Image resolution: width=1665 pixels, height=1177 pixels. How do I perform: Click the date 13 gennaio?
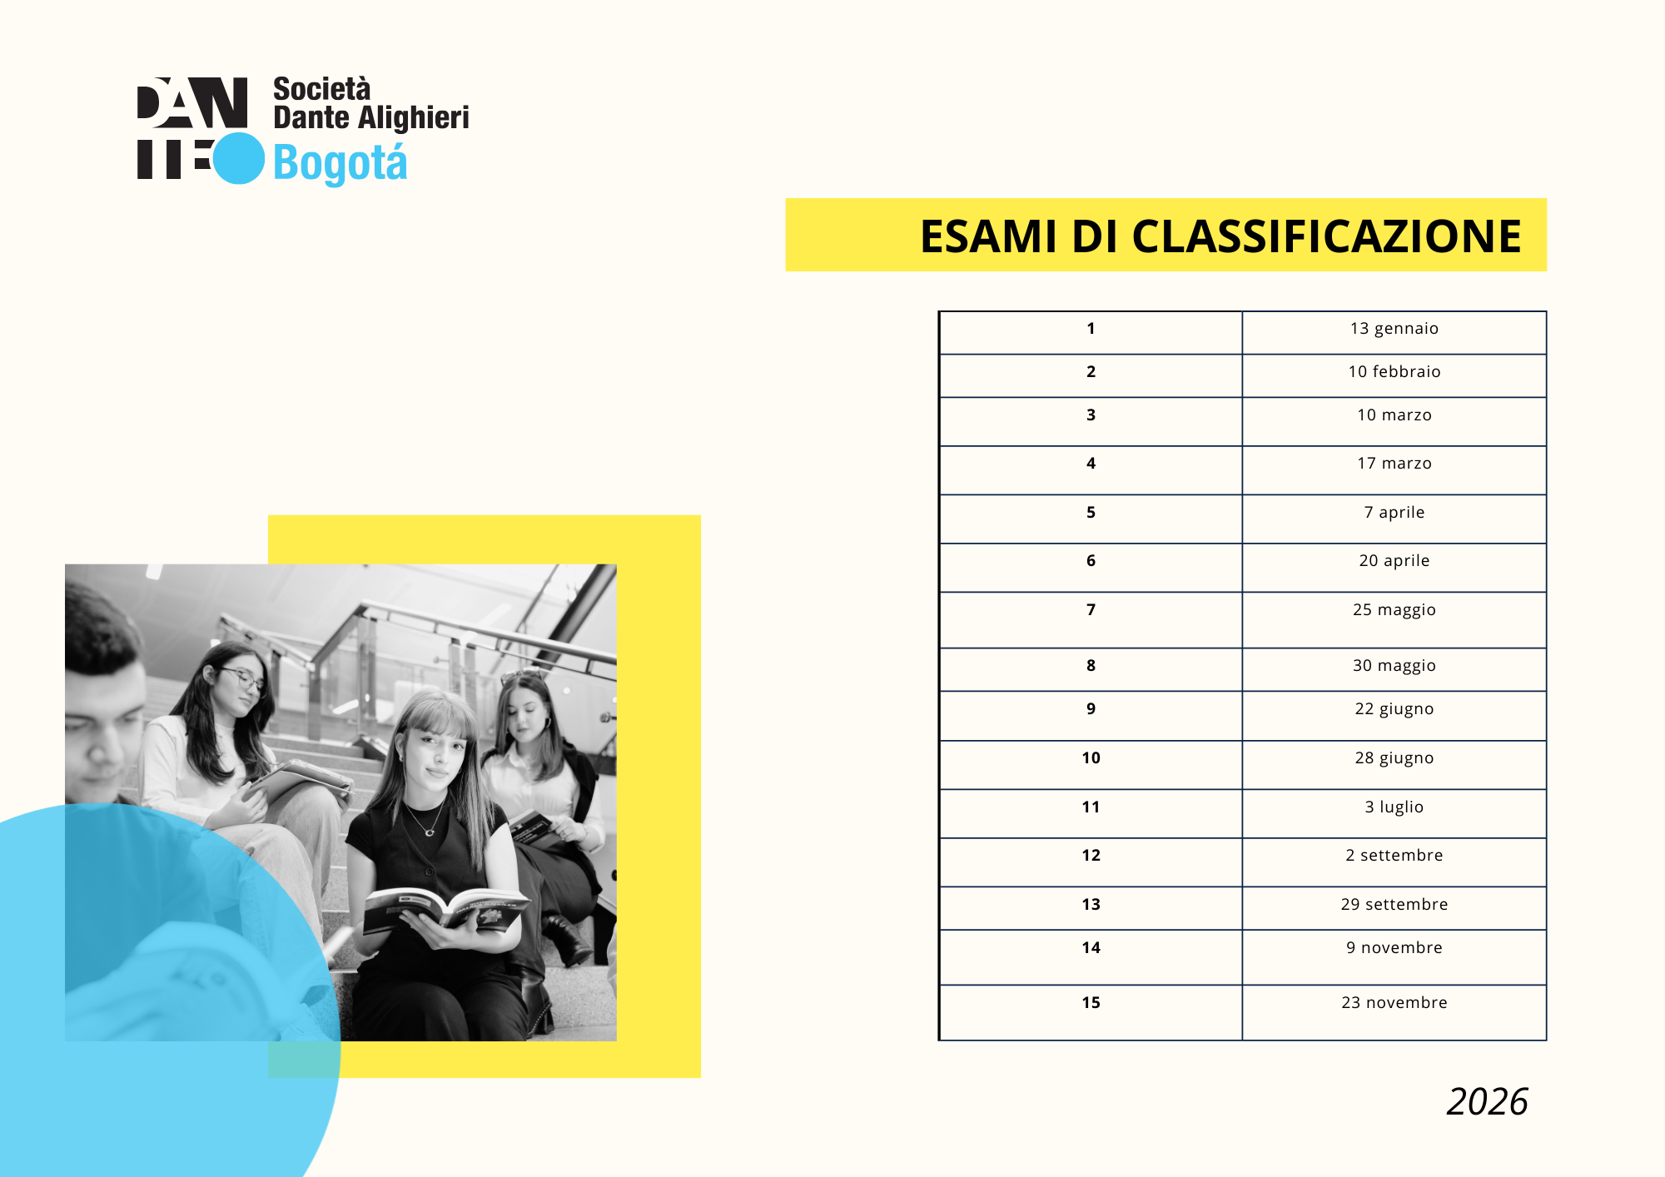pyautogui.click(x=1394, y=329)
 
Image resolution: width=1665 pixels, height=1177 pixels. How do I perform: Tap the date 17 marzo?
pyautogui.click(x=1394, y=464)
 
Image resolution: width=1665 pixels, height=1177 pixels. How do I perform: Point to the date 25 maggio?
pyautogui.click(x=1394, y=610)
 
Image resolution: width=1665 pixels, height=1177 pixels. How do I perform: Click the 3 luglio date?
pyautogui.click(x=1394, y=807)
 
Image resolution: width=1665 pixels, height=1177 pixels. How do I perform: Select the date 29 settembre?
pyautogui.click(x=1394, y=905)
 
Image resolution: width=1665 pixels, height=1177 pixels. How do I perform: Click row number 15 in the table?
pyautogui.click(x=1091, y=1003)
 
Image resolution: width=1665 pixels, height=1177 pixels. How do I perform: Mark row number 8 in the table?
pyautogui.click(x=1091, y=666)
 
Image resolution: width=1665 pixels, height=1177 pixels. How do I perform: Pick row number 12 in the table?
pyautogui.click(x=1091, y=856)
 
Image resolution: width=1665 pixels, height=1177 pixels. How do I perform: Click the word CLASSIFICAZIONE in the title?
pyautogui.click(x=1326, y=236)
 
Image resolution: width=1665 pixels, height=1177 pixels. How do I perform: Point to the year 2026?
pyautogui.click(x=1487, y=1102)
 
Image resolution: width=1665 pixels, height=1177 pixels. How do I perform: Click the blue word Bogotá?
pyautogui.click(x=340, y=163)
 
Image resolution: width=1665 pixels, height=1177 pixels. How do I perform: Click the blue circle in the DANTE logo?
pyautogui.click(x=239, y=158)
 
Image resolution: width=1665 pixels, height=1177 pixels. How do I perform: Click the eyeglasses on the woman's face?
pyautogui.click(x=241, y=678)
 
